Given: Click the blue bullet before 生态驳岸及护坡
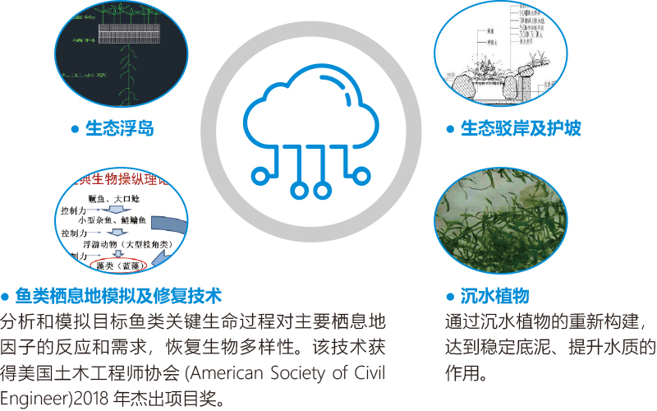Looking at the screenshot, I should pyautogui.click(x=449, y=129).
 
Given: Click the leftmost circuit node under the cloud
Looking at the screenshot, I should pyautogui.click(x=260, y=173).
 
